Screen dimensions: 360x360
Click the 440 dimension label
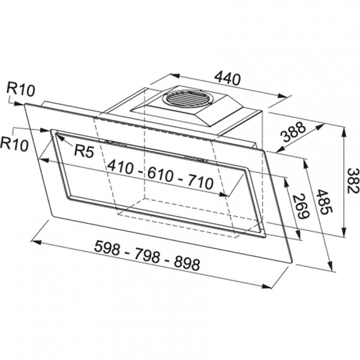pos(227,78)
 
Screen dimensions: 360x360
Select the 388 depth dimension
pos(295,131)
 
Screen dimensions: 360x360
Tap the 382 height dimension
pos(353,181)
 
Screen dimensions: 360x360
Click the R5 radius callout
pos(84,151)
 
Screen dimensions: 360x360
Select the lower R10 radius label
pos(14,144)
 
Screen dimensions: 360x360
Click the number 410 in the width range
pos(121,167)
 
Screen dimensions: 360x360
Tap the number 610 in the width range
pos(160,175)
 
